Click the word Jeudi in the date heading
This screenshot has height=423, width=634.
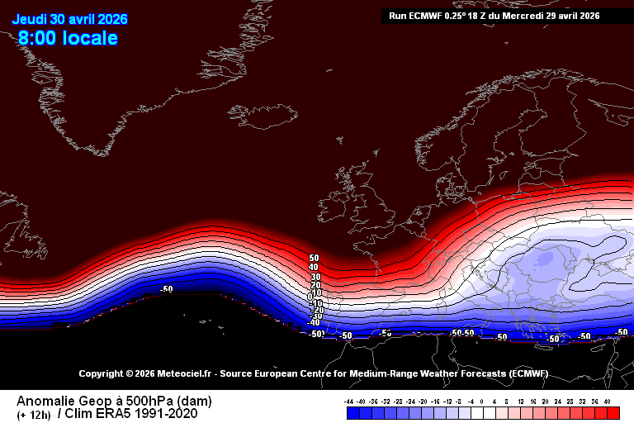point(29,17)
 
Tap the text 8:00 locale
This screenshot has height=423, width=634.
point(68,38)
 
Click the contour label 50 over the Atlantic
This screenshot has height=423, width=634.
point(314,259)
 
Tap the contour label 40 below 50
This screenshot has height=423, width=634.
point(314,268)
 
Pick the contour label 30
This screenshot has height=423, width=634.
point(314,277)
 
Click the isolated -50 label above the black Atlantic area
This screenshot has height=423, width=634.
point(166,289)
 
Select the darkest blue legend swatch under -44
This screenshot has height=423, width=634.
point(350,411)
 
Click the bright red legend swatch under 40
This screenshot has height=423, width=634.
point(607,411)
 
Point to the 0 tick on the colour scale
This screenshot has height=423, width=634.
point(483,401)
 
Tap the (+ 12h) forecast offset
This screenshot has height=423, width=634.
point(33,415)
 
